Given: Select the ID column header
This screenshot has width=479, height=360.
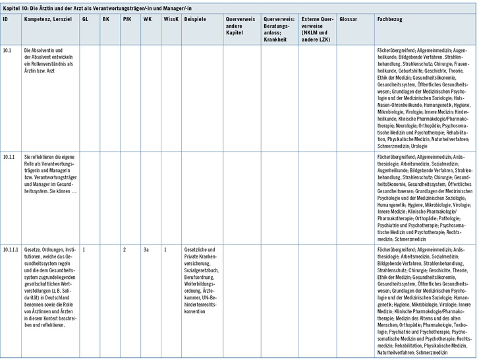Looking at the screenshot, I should (6, 19).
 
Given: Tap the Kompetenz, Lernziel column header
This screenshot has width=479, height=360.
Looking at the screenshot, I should (47, 19).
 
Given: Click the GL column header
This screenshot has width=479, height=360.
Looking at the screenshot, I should (86, 19).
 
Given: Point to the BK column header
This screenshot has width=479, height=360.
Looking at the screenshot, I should (106, 19).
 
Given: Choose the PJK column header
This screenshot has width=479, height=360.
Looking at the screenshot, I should (127, 19).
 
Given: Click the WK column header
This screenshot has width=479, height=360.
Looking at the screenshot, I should (146, 19).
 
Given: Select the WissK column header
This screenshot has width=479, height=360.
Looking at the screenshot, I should (170, 19).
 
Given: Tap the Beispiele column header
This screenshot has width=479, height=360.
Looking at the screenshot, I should (195, 19).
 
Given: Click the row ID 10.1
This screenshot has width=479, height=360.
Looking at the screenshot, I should (7, 50).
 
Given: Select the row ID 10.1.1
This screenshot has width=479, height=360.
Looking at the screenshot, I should (9, 157).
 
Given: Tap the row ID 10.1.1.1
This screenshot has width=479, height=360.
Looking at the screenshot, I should (11, 250).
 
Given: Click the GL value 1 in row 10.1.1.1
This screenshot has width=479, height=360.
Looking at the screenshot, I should (84, 250).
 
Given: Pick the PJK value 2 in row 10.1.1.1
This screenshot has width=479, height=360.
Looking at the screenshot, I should (124, 250).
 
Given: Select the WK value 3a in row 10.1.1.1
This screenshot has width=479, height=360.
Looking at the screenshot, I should (146, 250).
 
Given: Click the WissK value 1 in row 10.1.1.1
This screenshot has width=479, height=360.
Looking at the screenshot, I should (165, 250).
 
